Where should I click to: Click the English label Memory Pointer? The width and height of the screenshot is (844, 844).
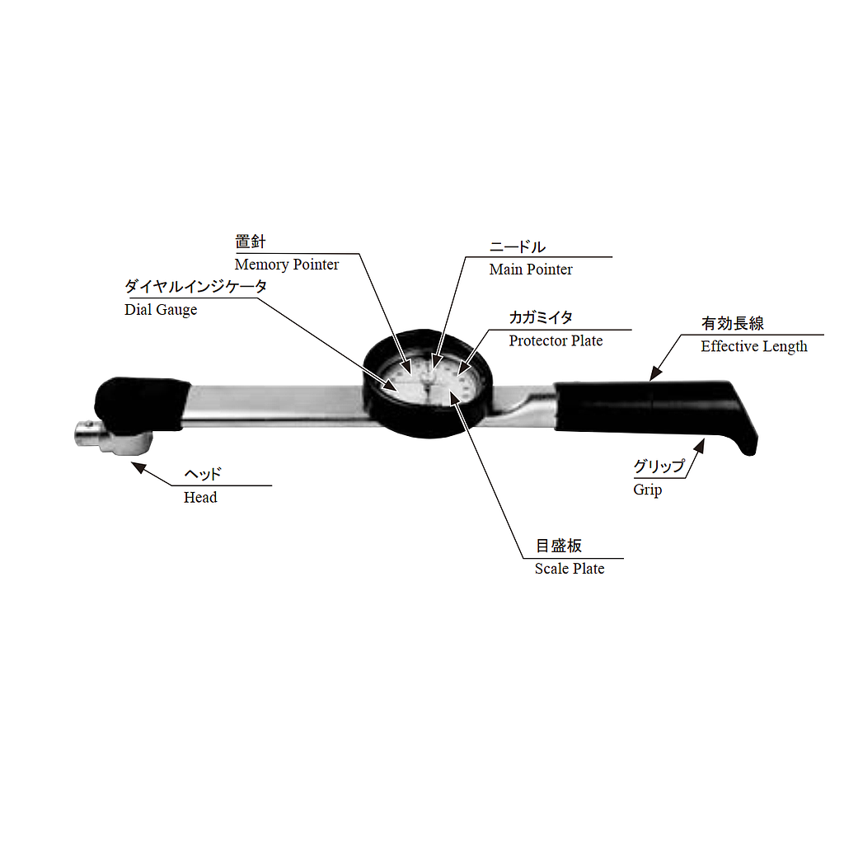click(286, 265)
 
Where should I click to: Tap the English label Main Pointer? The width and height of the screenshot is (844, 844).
click(531, 270)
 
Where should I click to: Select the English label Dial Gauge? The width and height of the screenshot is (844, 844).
click(161, 310)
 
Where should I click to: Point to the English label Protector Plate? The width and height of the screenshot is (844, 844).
click(556, 340)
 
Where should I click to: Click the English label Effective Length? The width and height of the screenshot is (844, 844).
click(754, 347)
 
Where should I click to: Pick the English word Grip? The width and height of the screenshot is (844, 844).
click(648, 490)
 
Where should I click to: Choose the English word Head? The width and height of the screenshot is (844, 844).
click(200, 497)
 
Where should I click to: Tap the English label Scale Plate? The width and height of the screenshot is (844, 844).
click(570, 569)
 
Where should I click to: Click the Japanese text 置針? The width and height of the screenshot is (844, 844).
click(251, 241)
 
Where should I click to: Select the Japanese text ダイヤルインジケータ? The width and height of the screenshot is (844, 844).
click(196, 286)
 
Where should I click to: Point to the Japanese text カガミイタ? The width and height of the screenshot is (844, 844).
click(541, 317)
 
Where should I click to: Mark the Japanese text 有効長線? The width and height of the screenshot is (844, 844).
click(733, 323)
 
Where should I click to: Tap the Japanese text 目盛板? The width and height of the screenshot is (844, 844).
click(559, 546)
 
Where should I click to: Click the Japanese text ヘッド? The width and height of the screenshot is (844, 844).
click(203, 474)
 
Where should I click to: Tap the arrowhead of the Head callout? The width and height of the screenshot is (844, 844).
click(138, 467)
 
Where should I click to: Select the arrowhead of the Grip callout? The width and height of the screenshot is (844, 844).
click(699, 446)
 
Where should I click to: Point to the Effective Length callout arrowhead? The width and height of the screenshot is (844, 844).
click(655, 373)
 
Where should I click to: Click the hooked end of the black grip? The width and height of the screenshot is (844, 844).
click(745, 437)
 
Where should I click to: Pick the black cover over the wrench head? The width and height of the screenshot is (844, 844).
click(141, 404)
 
